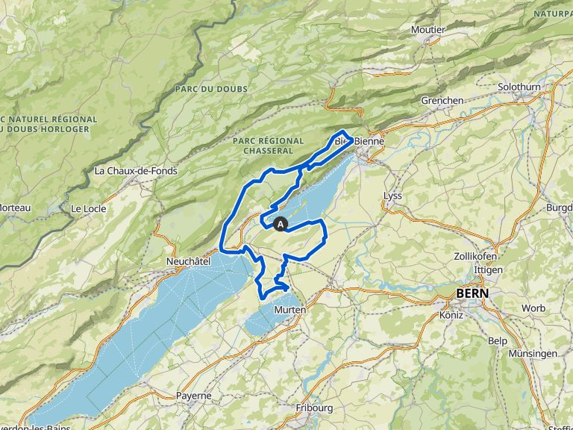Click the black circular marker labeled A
281,223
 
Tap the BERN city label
473,293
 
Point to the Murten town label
289,310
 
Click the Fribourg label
313,408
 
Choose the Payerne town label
193,396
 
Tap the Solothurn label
519,87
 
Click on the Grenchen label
442,100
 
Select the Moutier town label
428,30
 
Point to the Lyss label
392,196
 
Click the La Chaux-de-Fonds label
136,171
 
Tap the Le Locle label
88,208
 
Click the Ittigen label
489,269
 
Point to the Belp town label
497,340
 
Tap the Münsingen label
533,353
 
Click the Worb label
533,308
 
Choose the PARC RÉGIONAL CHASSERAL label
268,146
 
